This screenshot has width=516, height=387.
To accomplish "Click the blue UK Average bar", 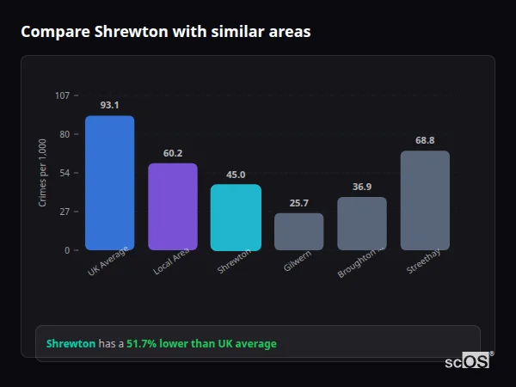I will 109,182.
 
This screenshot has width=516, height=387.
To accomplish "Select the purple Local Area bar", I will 172,206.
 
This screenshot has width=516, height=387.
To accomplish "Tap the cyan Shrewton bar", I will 236,217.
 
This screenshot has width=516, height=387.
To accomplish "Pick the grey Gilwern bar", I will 298,231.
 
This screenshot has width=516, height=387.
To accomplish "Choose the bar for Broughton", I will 362,224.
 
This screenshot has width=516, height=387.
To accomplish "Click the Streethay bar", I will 425,200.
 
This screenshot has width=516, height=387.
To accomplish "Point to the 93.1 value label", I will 109,105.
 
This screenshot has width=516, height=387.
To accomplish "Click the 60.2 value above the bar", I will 172,153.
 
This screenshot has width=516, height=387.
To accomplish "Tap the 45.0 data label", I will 236,175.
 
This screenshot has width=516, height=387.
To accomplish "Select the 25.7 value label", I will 298,203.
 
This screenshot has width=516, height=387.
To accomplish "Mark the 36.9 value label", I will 362,187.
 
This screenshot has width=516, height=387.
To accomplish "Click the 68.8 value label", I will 425,140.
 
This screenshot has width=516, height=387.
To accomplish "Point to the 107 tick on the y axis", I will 62,95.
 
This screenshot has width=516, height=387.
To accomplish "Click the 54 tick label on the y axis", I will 64,173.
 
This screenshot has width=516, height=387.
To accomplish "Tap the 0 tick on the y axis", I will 67,250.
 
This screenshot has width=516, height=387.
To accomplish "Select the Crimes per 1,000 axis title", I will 43,172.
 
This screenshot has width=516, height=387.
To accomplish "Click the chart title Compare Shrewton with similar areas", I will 166,32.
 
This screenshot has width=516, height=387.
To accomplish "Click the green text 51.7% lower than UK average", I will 201,344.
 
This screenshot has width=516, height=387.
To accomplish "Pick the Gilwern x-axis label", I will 297,261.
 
